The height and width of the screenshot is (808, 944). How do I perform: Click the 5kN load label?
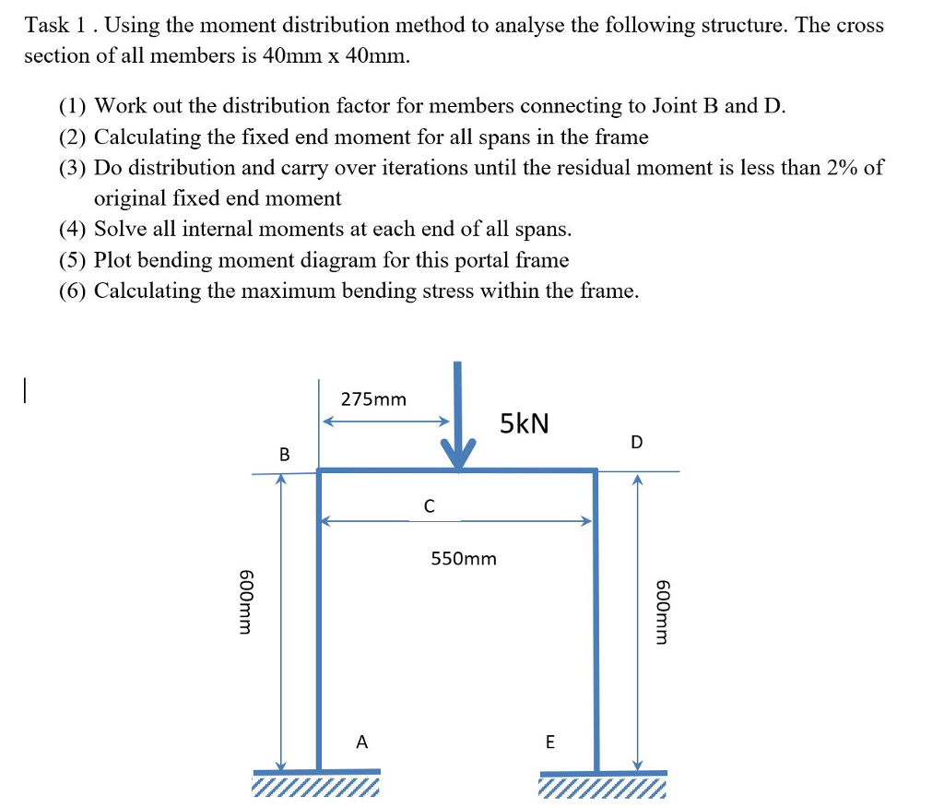pyautogui.click(x=525, y=423)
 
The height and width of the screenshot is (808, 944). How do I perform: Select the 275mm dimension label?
pyautogui.click(x=373, y=399)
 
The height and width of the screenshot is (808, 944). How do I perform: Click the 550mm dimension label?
pyautogui.click(x=464, y=559)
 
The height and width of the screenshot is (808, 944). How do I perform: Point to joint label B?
pyautogui.click(x=284, y=454)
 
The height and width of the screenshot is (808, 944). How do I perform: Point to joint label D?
pyautogui.click(x=637, y=442)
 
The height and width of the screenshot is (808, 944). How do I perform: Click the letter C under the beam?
pyautogui.click(x=429, y=505)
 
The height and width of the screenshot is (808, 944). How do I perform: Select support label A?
pyautogui.click(x=361, y=741)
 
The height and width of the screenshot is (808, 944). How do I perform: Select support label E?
pyautogui.click(x=550, y=742)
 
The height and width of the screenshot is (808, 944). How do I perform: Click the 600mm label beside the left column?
pyautogui.click(x=245, y=601)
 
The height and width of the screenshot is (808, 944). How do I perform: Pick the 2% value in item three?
pyautogui.click(x=842, y=168)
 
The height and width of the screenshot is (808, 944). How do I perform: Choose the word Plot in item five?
pyautogui.click(x=115, y=260)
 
